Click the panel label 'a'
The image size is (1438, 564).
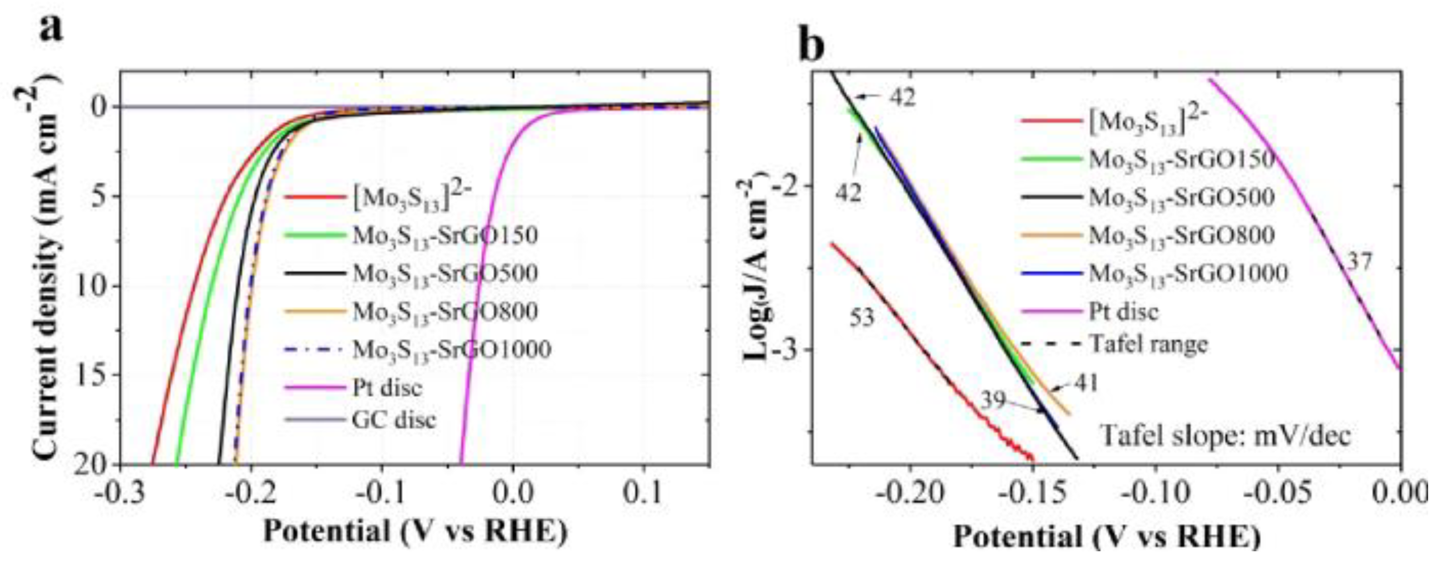tap(51, 27)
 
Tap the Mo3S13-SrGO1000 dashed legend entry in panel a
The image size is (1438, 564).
tap(451, 350)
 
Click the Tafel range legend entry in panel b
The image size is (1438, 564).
tap(1148, 344)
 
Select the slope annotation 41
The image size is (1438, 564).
tap(1084, 384)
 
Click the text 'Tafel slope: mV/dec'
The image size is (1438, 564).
tap(1225, 435)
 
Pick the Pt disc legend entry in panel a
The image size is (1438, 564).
tap(387, 387)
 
